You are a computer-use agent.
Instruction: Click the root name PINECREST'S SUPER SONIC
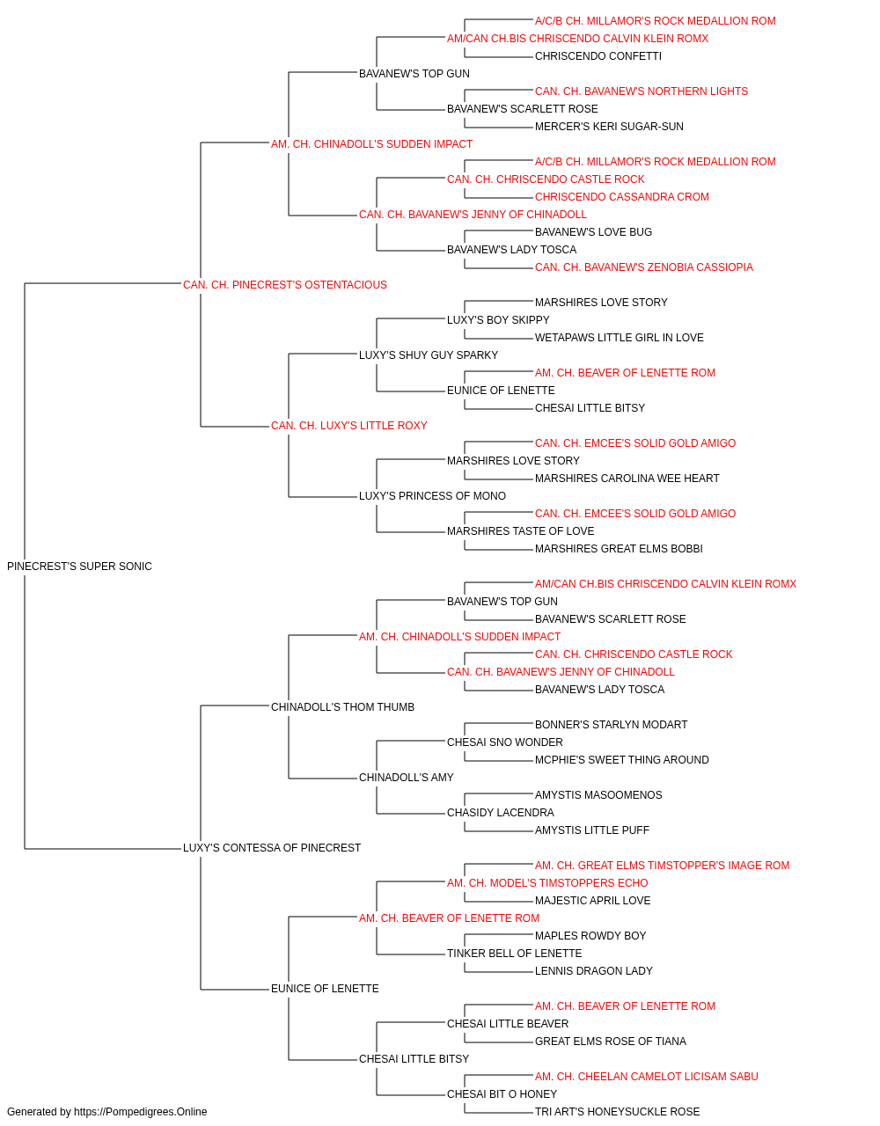[79, 567]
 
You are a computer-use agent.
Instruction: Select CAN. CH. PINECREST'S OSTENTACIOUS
[284, 285]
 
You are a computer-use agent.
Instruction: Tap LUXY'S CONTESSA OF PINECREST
[272, 848]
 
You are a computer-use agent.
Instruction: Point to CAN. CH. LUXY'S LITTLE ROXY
[348, 426]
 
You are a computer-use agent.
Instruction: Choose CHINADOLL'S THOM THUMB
[342, 707]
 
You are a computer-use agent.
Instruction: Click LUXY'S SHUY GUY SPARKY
[428, 355]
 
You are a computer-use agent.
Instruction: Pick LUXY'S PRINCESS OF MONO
[432, 496]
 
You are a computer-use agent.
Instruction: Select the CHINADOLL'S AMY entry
[406, 778]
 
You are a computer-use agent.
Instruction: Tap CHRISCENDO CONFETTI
[598, 56]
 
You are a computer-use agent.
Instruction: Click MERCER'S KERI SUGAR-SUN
[609, 127]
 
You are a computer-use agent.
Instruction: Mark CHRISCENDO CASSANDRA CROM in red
[622, 197]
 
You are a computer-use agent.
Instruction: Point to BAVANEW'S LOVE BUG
[593, 232]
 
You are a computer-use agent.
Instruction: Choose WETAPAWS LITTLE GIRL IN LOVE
[620, 338]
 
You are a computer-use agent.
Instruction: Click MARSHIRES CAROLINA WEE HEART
[627, 479]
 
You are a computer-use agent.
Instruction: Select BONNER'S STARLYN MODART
[611, 725]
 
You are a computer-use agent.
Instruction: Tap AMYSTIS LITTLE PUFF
[592, 830]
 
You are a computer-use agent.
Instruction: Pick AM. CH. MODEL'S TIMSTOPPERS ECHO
[547, 883]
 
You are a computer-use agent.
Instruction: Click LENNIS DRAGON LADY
[593, 971]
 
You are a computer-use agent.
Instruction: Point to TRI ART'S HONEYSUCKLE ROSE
[617, 1112]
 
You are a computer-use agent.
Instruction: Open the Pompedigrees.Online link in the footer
[140, 1112]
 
